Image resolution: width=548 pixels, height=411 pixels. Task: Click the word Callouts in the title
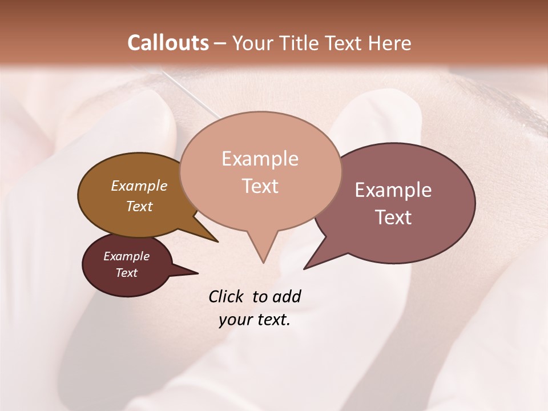click(168, 43)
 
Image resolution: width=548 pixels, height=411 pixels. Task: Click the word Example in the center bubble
click(260, 159)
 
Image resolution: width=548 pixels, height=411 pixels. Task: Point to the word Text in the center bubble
click(260, 186)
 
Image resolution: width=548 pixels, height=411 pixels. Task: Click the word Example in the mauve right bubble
click(393, 190)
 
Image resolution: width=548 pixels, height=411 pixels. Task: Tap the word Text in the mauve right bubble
click(393, 217)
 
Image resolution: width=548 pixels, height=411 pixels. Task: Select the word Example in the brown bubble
click(139, 186)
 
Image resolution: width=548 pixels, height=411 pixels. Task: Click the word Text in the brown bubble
click(139, 206)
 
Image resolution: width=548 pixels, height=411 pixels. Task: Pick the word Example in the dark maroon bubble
click(127, 256)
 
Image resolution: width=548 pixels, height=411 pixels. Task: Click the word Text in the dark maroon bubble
click(127, 273)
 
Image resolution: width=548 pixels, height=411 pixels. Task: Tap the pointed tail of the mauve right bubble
click(308, 265)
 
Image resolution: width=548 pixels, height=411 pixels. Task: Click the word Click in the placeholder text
click(227, 296)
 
